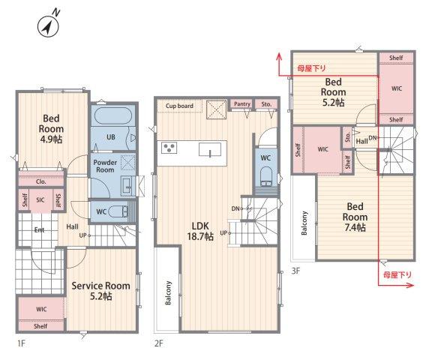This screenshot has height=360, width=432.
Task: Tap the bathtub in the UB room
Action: click(112, 116)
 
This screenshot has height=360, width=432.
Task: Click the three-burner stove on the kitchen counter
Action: click(169, 148)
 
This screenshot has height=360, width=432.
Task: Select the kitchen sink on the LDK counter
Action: click(210, 150)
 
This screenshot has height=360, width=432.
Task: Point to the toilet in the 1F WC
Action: click(118, 211)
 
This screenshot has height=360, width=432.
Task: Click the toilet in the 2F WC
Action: click(265, 176)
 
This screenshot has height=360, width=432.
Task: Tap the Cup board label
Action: click(179, 106)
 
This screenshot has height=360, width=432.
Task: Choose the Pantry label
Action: click(242, 103)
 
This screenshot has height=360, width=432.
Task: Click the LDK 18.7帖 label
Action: click(200, 231)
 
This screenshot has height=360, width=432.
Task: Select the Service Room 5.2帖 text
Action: click(100, 290)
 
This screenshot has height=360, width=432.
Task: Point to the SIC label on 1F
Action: click(40, 200)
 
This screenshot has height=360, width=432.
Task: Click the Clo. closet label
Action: click(41, 181)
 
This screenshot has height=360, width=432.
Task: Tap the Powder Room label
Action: click(105, 166)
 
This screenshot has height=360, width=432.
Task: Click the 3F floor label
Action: click(295, 271)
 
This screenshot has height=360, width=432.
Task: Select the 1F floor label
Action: click(21, 343)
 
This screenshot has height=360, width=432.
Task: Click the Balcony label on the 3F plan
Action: click(304, 223)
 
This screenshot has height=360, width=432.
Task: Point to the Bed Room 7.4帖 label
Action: click(355, 217)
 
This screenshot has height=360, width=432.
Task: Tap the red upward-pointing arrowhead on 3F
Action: click(279, 56)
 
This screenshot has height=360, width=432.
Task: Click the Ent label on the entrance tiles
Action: click(39, 229)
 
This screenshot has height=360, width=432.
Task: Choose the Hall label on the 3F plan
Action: click(361, 141)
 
